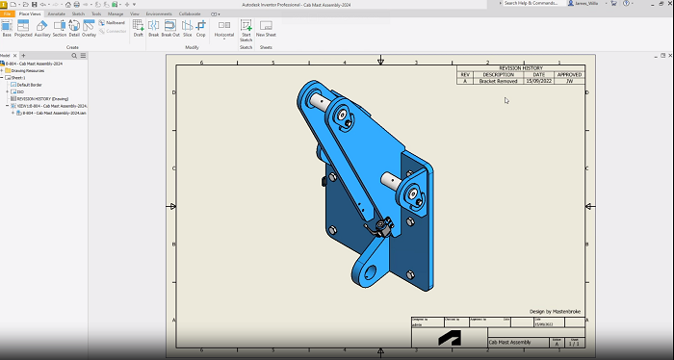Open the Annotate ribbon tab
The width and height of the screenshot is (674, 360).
(56, 14)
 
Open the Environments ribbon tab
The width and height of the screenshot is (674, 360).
(159, 14)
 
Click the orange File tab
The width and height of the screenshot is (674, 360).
(8, 14)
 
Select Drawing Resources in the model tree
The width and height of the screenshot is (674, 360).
(29, 70)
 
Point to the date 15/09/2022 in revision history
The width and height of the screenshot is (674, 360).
(538, 82)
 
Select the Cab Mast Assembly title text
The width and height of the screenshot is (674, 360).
(510, 343)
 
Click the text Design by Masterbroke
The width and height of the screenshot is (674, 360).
(557, 311)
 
